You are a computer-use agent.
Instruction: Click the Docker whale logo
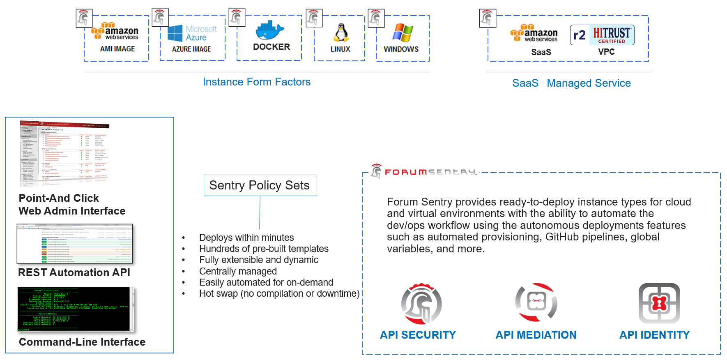tap(270, 30)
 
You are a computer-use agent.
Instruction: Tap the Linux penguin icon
tap(341, 33)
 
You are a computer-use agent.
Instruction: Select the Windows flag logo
tap(403, 32)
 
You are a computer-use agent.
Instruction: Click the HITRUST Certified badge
tap(602, 35)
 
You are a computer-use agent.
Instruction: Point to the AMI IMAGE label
tap(117, 49)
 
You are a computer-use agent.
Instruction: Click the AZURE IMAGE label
tap(191, 49)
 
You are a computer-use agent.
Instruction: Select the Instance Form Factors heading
tap(257, 82)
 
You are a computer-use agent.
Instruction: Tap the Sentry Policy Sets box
tap(260, 185)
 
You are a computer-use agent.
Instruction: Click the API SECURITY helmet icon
tap(421, 304)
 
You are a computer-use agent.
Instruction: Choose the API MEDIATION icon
tap(536, 302)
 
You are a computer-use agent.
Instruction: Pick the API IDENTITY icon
tap(659, 303)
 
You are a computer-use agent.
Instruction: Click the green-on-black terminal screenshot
tap(76, 309)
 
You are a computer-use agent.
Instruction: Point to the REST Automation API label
tap(74, 272)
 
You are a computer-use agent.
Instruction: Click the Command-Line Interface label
tap(82, 342)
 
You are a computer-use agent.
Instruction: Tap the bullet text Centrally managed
tap(238, 271)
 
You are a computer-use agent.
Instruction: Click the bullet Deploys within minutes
tap(246, 238)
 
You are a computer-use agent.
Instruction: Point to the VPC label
tap(606, 52)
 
